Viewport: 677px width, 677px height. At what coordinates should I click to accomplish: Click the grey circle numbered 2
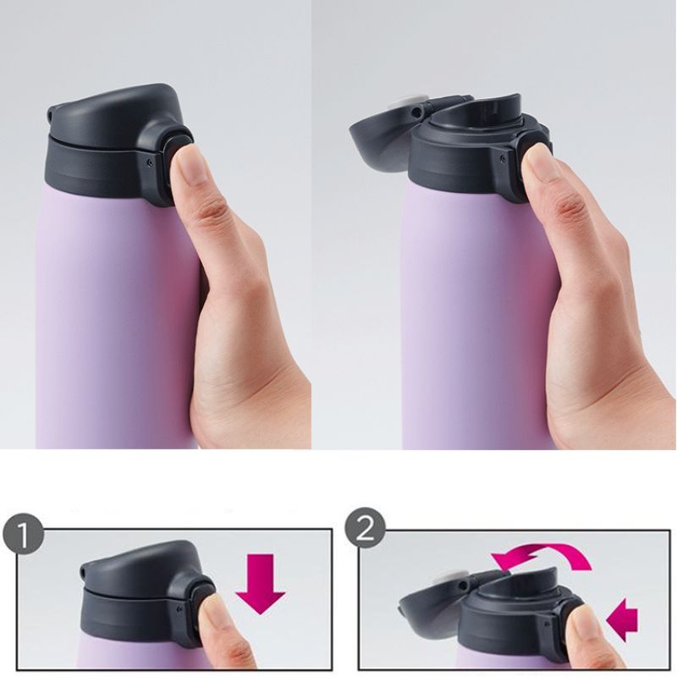click(x=366, y=528)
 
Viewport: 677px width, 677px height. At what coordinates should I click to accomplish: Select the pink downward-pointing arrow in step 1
click(x=261, y=584)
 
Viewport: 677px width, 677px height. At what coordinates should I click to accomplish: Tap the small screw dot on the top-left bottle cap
click(x=149, y=162)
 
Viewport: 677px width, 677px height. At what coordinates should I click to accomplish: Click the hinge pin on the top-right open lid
click(x=416, y=113)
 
